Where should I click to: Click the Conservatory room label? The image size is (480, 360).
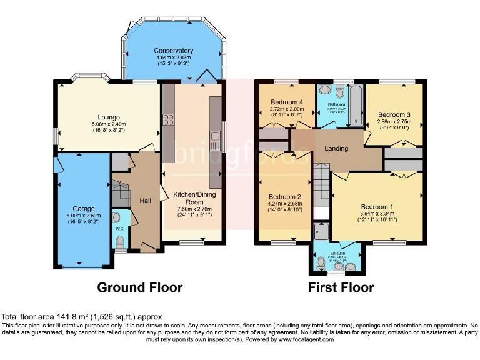174,51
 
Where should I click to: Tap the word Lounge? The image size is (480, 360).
108,116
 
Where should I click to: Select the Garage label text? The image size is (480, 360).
83,209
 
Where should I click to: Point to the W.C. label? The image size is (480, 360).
120,229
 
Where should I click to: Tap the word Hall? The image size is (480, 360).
145,201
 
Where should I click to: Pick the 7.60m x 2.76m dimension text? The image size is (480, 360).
195,209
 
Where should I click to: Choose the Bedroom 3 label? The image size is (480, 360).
394,114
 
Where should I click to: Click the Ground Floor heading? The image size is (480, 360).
139,287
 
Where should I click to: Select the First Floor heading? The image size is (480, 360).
341,287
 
